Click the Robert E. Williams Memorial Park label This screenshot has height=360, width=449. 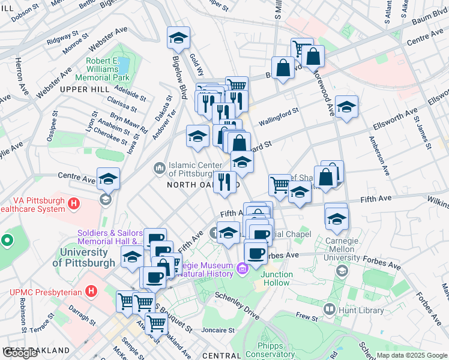[x=103, y=70]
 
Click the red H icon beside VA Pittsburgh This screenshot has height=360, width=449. [x=74, y=204]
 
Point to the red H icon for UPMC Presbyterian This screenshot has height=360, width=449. [x=91, y=292]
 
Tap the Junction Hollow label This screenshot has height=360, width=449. [x=277, y=278]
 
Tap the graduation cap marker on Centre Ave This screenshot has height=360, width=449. [x=108, y=179]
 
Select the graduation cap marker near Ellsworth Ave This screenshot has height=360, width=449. [x=346, y=107]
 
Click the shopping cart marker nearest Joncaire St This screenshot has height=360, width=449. [x=156, y=323]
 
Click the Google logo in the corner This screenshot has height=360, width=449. [x=20, y=353]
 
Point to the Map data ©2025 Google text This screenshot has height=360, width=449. [x=411, y=355]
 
